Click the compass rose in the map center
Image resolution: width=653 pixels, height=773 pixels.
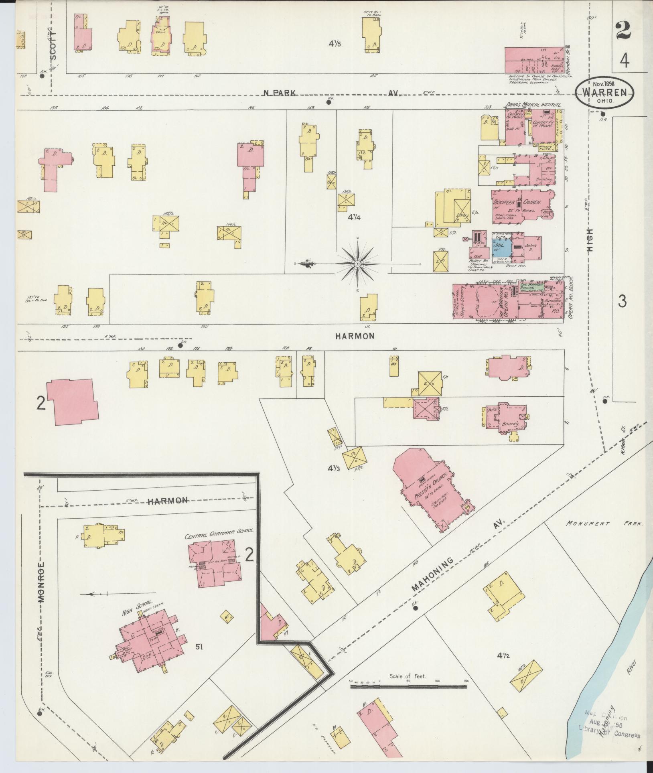(x=357, y=264)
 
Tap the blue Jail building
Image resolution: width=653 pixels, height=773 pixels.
(x=501, y=248)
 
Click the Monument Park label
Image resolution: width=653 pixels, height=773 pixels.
(x=605, y=523)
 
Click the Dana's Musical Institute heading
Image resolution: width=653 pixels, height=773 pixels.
(x=533, y=104)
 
